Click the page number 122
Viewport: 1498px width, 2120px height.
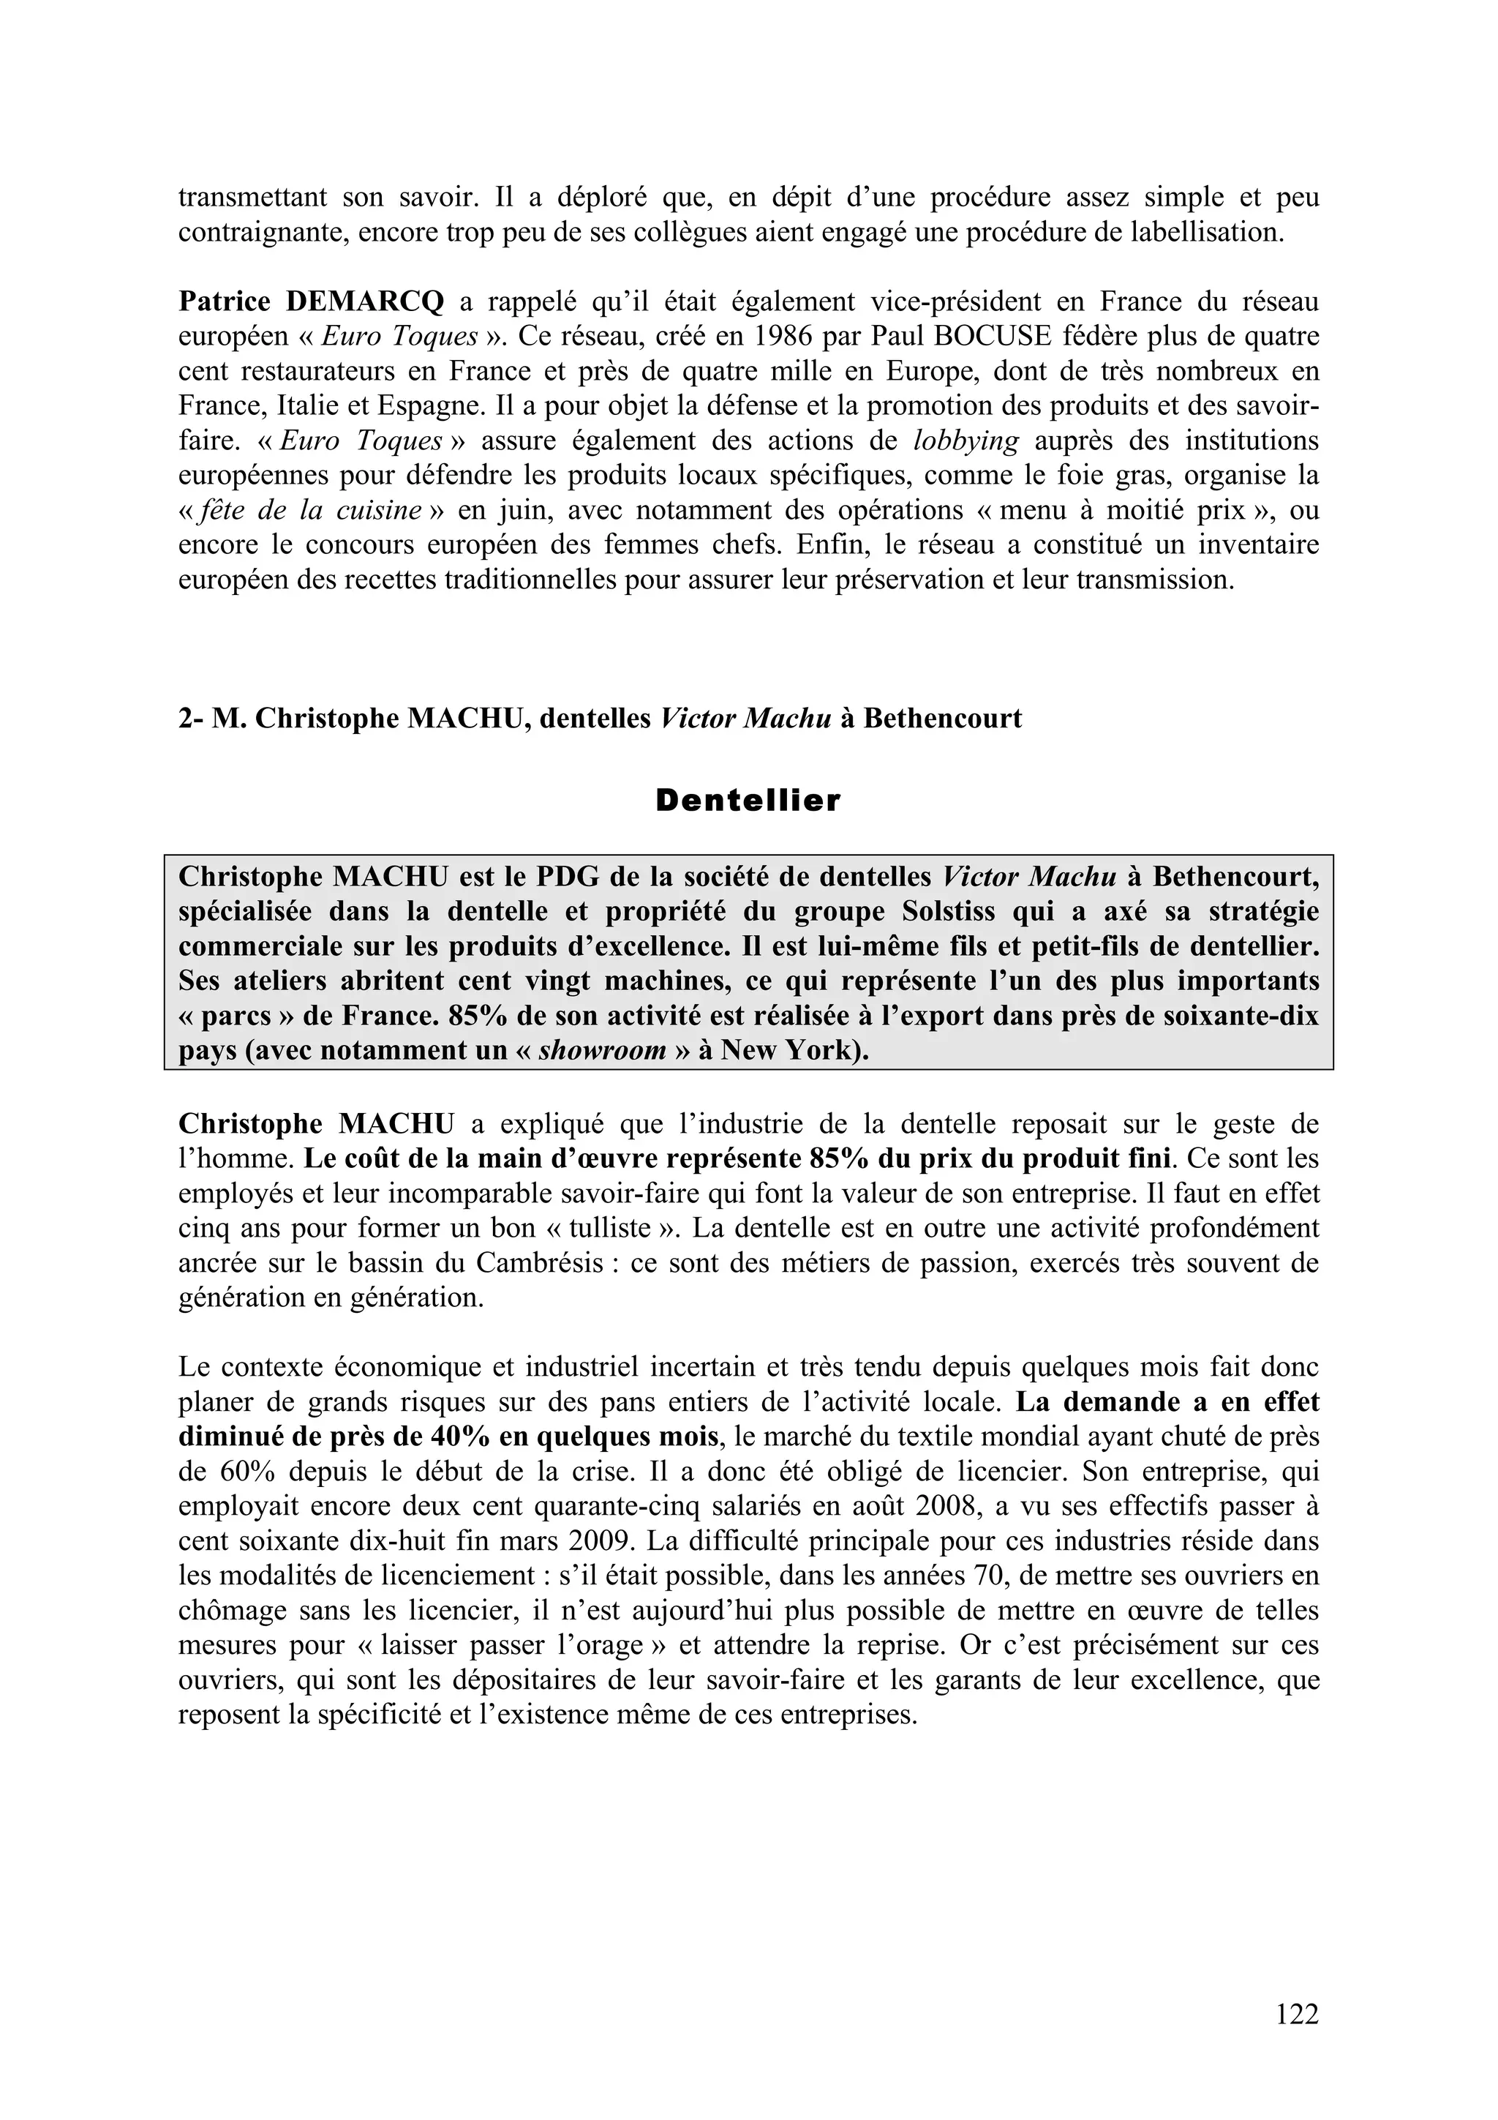[x=1297, y=2014]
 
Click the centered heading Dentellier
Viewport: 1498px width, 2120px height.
[x=748, y=801]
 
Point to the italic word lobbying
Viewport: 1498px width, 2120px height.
[x=966, y=441]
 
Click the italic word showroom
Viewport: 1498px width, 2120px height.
[x=602, y=1051]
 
